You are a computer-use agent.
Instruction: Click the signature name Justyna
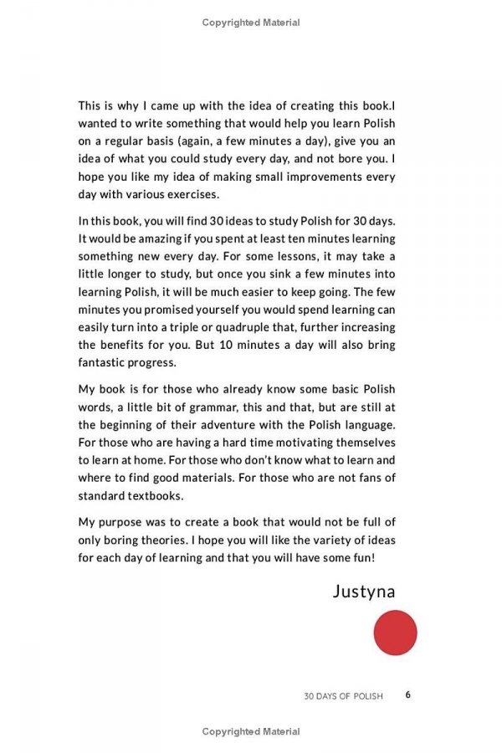[x=364, y=592]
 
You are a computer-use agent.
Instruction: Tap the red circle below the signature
[x=395, y=633]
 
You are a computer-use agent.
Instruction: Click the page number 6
[x=407, y=694]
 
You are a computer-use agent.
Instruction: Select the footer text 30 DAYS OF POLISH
[x=343, y=695]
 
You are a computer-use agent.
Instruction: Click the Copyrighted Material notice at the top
[x=251, y=23]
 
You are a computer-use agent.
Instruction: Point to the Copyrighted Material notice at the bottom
[x=251, y=731]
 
